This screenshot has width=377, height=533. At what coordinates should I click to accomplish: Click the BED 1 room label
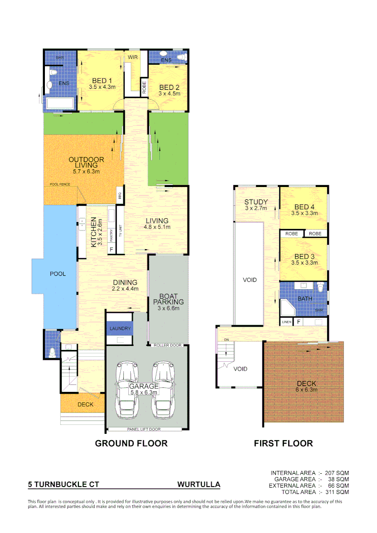(x=102, y=81)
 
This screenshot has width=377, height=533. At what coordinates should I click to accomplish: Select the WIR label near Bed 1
(x=132, y=58)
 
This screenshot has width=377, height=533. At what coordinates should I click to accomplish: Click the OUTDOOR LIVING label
(x=86, y=162)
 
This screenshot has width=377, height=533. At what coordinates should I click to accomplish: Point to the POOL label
(x=58, y=274)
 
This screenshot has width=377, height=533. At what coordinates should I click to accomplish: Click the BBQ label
(x=120, y=196)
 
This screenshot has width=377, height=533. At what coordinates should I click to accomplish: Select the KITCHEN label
(x=93, y=232)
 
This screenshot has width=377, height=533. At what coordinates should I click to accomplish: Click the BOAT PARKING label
(x=168, y=298)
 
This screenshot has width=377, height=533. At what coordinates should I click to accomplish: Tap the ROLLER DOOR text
(x=168, y=345)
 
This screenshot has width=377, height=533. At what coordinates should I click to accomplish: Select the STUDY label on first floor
(x=256, y=202)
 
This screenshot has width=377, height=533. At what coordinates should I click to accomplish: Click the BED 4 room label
(x=304, y=207)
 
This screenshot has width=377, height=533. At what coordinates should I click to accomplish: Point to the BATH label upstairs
(x=304, y=299)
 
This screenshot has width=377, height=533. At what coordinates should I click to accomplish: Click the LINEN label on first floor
(x=287, y=322)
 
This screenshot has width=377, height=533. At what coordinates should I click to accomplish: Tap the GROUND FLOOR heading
(x=131, y=443)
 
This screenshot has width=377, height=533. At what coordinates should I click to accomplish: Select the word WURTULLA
(x=198, y=485)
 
